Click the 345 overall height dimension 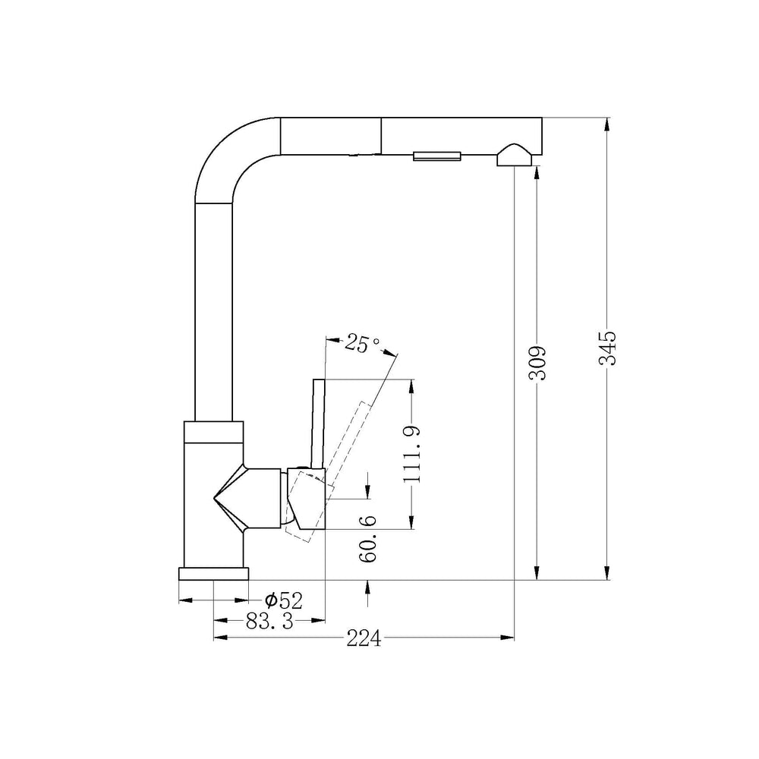[607, 348]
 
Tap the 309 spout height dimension [537, 363]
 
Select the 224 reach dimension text [364, 639]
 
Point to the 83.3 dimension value [269, 621]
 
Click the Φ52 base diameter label [284, 600]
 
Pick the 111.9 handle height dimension [412, 454]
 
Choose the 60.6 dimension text [368, 539]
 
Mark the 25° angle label [363, 344]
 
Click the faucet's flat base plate [213, 574]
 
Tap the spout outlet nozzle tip [514, 156]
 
